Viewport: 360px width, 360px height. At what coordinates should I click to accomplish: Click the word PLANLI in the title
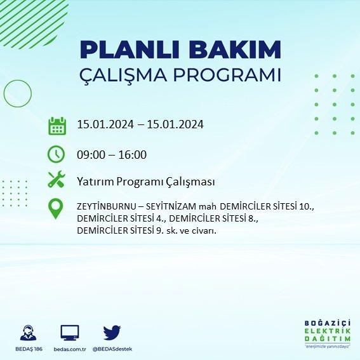[x=130, y=50]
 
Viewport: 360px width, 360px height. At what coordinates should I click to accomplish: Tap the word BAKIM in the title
[x=235, y=50]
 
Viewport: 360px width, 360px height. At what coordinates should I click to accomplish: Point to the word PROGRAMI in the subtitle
[x=227, y=75]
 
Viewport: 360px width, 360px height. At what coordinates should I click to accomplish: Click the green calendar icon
[x=57, y=126]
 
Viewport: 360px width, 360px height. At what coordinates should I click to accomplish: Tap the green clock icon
[x=57, y=154]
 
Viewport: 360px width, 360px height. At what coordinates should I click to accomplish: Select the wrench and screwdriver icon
[x=57, y=179]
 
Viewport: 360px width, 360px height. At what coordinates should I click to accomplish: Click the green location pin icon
[x=56, y=209]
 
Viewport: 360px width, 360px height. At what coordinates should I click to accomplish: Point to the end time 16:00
[x=133, y=154]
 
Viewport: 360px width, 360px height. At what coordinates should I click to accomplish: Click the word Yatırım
[x=95, y=182]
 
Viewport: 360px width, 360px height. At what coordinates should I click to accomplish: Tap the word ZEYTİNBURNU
[x=107, y=206]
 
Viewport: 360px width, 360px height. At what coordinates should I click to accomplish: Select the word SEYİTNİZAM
[x=171, y=206]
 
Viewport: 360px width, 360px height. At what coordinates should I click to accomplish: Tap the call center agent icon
[x=28, y=333]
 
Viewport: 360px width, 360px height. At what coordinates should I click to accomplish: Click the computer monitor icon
[x=70, y=333]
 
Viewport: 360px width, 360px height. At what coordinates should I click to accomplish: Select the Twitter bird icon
[x=112, y=333]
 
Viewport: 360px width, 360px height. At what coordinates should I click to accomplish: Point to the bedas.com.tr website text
[x=70, y=349]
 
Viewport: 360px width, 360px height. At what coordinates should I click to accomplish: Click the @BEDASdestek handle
[x=112, y=349]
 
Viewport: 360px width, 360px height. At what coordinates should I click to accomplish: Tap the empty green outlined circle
[x=4, y=93]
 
